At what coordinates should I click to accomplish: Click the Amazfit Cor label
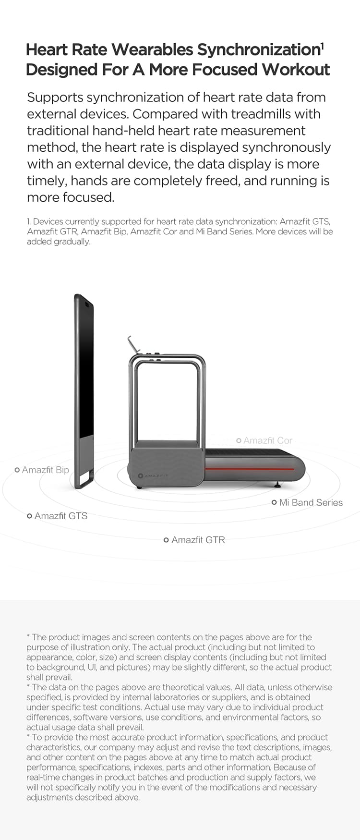[x=268, y=440]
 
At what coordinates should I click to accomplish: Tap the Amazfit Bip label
[x=46, y=470]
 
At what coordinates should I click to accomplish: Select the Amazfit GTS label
[x=61, y=516]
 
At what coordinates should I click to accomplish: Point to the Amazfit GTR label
[x=198, y=540]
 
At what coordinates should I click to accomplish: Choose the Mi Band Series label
[x=311, y=502]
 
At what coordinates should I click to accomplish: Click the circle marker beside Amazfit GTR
[x=166, y=540]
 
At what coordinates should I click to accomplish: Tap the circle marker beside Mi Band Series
[x=274, y=502]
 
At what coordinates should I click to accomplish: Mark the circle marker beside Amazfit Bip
[x=17, y=470]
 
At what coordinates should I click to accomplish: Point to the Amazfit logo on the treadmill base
[x=153, y=475]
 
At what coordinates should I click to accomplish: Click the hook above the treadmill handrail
[x=133, y=344]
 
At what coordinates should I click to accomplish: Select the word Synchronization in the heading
[x=258, y=49]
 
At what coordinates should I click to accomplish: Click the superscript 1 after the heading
[x=322, y=46]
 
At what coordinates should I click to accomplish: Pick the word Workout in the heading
[x=296, y=70]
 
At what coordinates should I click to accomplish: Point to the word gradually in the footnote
[x=72, y=242]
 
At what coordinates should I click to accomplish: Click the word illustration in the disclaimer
[x=89, y=647]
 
